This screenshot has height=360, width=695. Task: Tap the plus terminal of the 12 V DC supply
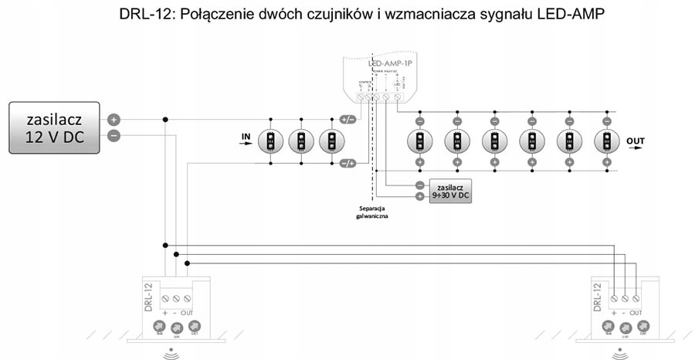tap(114, 120)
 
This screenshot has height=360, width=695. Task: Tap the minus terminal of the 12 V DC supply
tap(114, 136)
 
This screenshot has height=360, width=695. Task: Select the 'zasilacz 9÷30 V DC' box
tap(449, 191)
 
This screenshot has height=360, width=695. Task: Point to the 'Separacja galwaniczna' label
tap(372, 213)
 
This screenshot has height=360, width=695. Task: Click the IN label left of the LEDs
tap(246, 138)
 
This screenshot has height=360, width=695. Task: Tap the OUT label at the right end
tap(636, 141)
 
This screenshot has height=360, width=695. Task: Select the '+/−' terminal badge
tap(347, 120)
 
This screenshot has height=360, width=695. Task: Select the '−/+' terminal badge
tap(347, 162)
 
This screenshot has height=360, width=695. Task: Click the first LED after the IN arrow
tap(271, 141)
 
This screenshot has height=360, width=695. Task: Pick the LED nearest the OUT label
tap(606, 141)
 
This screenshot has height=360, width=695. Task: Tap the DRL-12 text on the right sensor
tap(597, 297)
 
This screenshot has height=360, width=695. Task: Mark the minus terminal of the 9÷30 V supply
tap(419, 185)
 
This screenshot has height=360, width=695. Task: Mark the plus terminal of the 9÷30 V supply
tap(419, 196)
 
